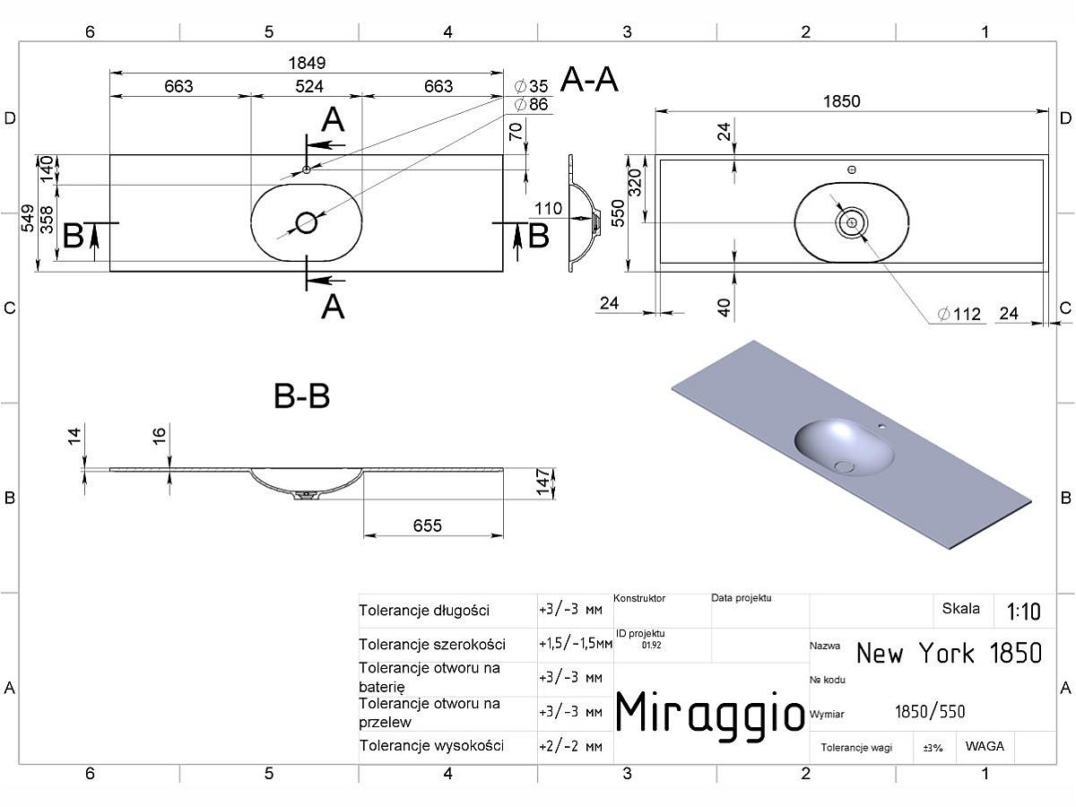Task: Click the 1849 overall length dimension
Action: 307,63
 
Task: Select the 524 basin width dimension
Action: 309,86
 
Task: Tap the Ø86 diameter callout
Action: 532,104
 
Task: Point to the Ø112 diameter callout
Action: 959,314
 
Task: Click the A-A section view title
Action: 589,80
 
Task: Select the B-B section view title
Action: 301,396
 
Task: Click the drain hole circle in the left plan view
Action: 307,223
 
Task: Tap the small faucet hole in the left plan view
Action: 307,169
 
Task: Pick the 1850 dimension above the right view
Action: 842,101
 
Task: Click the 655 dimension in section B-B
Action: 428,525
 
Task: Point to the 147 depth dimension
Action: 542,482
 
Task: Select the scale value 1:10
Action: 1024,612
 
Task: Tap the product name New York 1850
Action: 949,653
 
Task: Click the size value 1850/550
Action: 930,711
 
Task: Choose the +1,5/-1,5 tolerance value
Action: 576,643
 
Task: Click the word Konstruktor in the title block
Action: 639,598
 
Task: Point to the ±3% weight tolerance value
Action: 933,748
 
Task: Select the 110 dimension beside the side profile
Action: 548,209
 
